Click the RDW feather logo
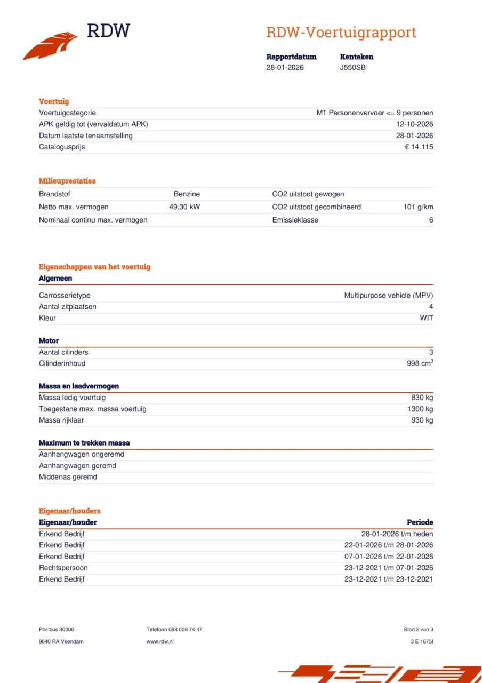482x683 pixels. coord(51,45)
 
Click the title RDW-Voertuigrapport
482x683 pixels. coord(341,33)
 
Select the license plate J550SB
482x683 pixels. coord(352,67)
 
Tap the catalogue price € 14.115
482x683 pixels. coord(419,147)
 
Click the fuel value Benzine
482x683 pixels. coord(187,194)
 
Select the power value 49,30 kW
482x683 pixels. coord(184,207)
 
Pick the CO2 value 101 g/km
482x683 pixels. coord(418,207)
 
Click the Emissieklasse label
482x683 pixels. coord(295,220)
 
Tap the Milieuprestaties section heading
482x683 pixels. coord(67,181)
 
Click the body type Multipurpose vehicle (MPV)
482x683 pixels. coord(388,295)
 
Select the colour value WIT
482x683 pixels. coord(426,318)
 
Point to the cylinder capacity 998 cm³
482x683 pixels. coord(420,363)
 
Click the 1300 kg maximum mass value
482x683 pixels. coord(420,409)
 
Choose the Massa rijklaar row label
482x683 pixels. coord(61,420)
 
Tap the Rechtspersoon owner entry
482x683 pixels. coord(63,568)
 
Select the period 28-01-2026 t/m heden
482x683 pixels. coord(397,534)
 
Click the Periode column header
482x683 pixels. coord(420,522)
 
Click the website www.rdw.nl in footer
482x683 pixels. coord(160,641)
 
